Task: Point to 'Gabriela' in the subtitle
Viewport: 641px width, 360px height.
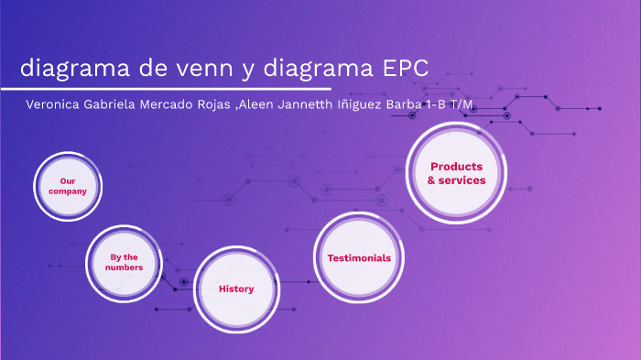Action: [x=120, y=104]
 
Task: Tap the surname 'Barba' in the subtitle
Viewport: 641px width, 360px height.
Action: [x=399, y=104]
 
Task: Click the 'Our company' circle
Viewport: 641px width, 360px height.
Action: [x=67, y=186]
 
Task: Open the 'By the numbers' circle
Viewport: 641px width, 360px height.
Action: [x=123, y=262]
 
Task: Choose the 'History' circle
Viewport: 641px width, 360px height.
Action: [x=235, y=289]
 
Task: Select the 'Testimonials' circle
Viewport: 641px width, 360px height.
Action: [x=359, y=257]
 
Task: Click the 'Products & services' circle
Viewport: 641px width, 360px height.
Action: [x=456, y=173]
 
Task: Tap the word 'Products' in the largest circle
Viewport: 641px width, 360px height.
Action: [x=456, y=167]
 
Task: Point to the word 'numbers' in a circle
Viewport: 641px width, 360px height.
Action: [x=124, y=267]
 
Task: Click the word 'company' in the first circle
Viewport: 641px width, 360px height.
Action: [x=68, y=191]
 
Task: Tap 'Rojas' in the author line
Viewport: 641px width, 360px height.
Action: [x=235, y=104]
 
